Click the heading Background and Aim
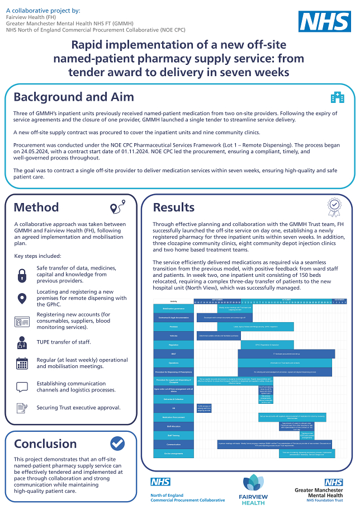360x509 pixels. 74,96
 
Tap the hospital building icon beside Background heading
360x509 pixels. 337,98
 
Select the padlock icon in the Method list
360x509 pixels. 22,275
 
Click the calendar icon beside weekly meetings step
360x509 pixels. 22,363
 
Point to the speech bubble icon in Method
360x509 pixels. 22,387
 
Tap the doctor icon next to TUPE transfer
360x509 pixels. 22,342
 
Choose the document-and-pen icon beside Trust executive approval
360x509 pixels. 22,408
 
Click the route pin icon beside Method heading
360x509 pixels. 116,208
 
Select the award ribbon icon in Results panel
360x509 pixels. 334,208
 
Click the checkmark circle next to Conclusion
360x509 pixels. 117,444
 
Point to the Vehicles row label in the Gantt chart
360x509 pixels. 173,335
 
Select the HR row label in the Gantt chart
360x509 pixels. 173,408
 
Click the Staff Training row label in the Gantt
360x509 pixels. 173,435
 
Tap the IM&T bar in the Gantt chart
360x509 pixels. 286,354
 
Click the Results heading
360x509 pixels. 173,208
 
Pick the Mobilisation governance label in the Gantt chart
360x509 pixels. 173,308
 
